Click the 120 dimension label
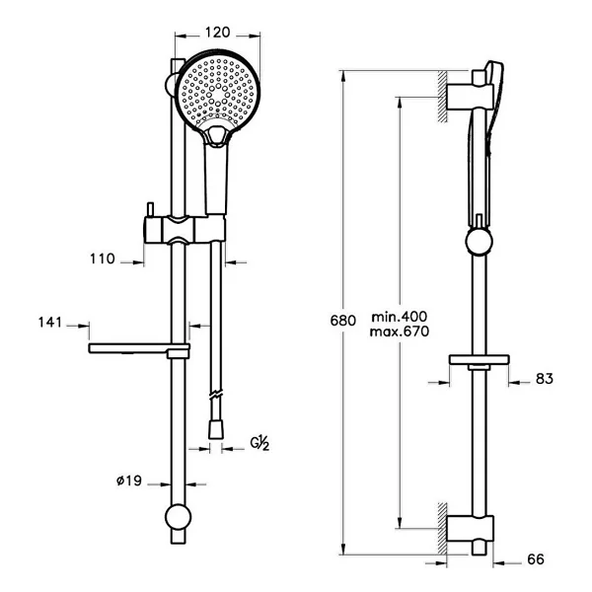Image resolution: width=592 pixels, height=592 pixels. (x=217, y=33)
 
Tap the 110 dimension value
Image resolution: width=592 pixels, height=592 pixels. (x=103, y=259)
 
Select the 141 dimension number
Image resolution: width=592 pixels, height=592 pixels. (x=50, y=323)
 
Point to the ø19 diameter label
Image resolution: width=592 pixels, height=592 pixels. (x=128, y=481)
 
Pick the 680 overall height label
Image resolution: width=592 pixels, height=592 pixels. (x=342, y=321)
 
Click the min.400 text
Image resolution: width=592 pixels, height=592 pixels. (x=400, y=317)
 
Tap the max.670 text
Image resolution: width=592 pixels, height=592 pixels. (x=400, y=332)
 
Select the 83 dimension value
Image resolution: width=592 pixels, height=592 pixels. (x=545, y=379)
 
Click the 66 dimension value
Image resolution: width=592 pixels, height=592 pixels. (x=536, y=559)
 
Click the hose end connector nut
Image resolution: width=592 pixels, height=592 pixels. (x=216, y=429)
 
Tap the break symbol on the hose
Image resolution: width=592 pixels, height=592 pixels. (x=216, y=394)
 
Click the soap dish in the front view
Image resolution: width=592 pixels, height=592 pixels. (x=139, y=349)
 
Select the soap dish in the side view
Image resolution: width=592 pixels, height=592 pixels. (x=480, y=360)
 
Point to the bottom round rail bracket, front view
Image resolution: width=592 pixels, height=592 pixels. (x=179, y=517)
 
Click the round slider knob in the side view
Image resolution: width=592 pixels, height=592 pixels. (x=480, y=242)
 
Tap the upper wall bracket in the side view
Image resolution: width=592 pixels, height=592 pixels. (x=471, y=97)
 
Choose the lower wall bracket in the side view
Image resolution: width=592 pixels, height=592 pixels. (x=471, y=529)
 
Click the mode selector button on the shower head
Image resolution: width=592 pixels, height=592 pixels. (x=216, y=136)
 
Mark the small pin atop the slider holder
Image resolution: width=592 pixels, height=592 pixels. (x=151, y=209)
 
